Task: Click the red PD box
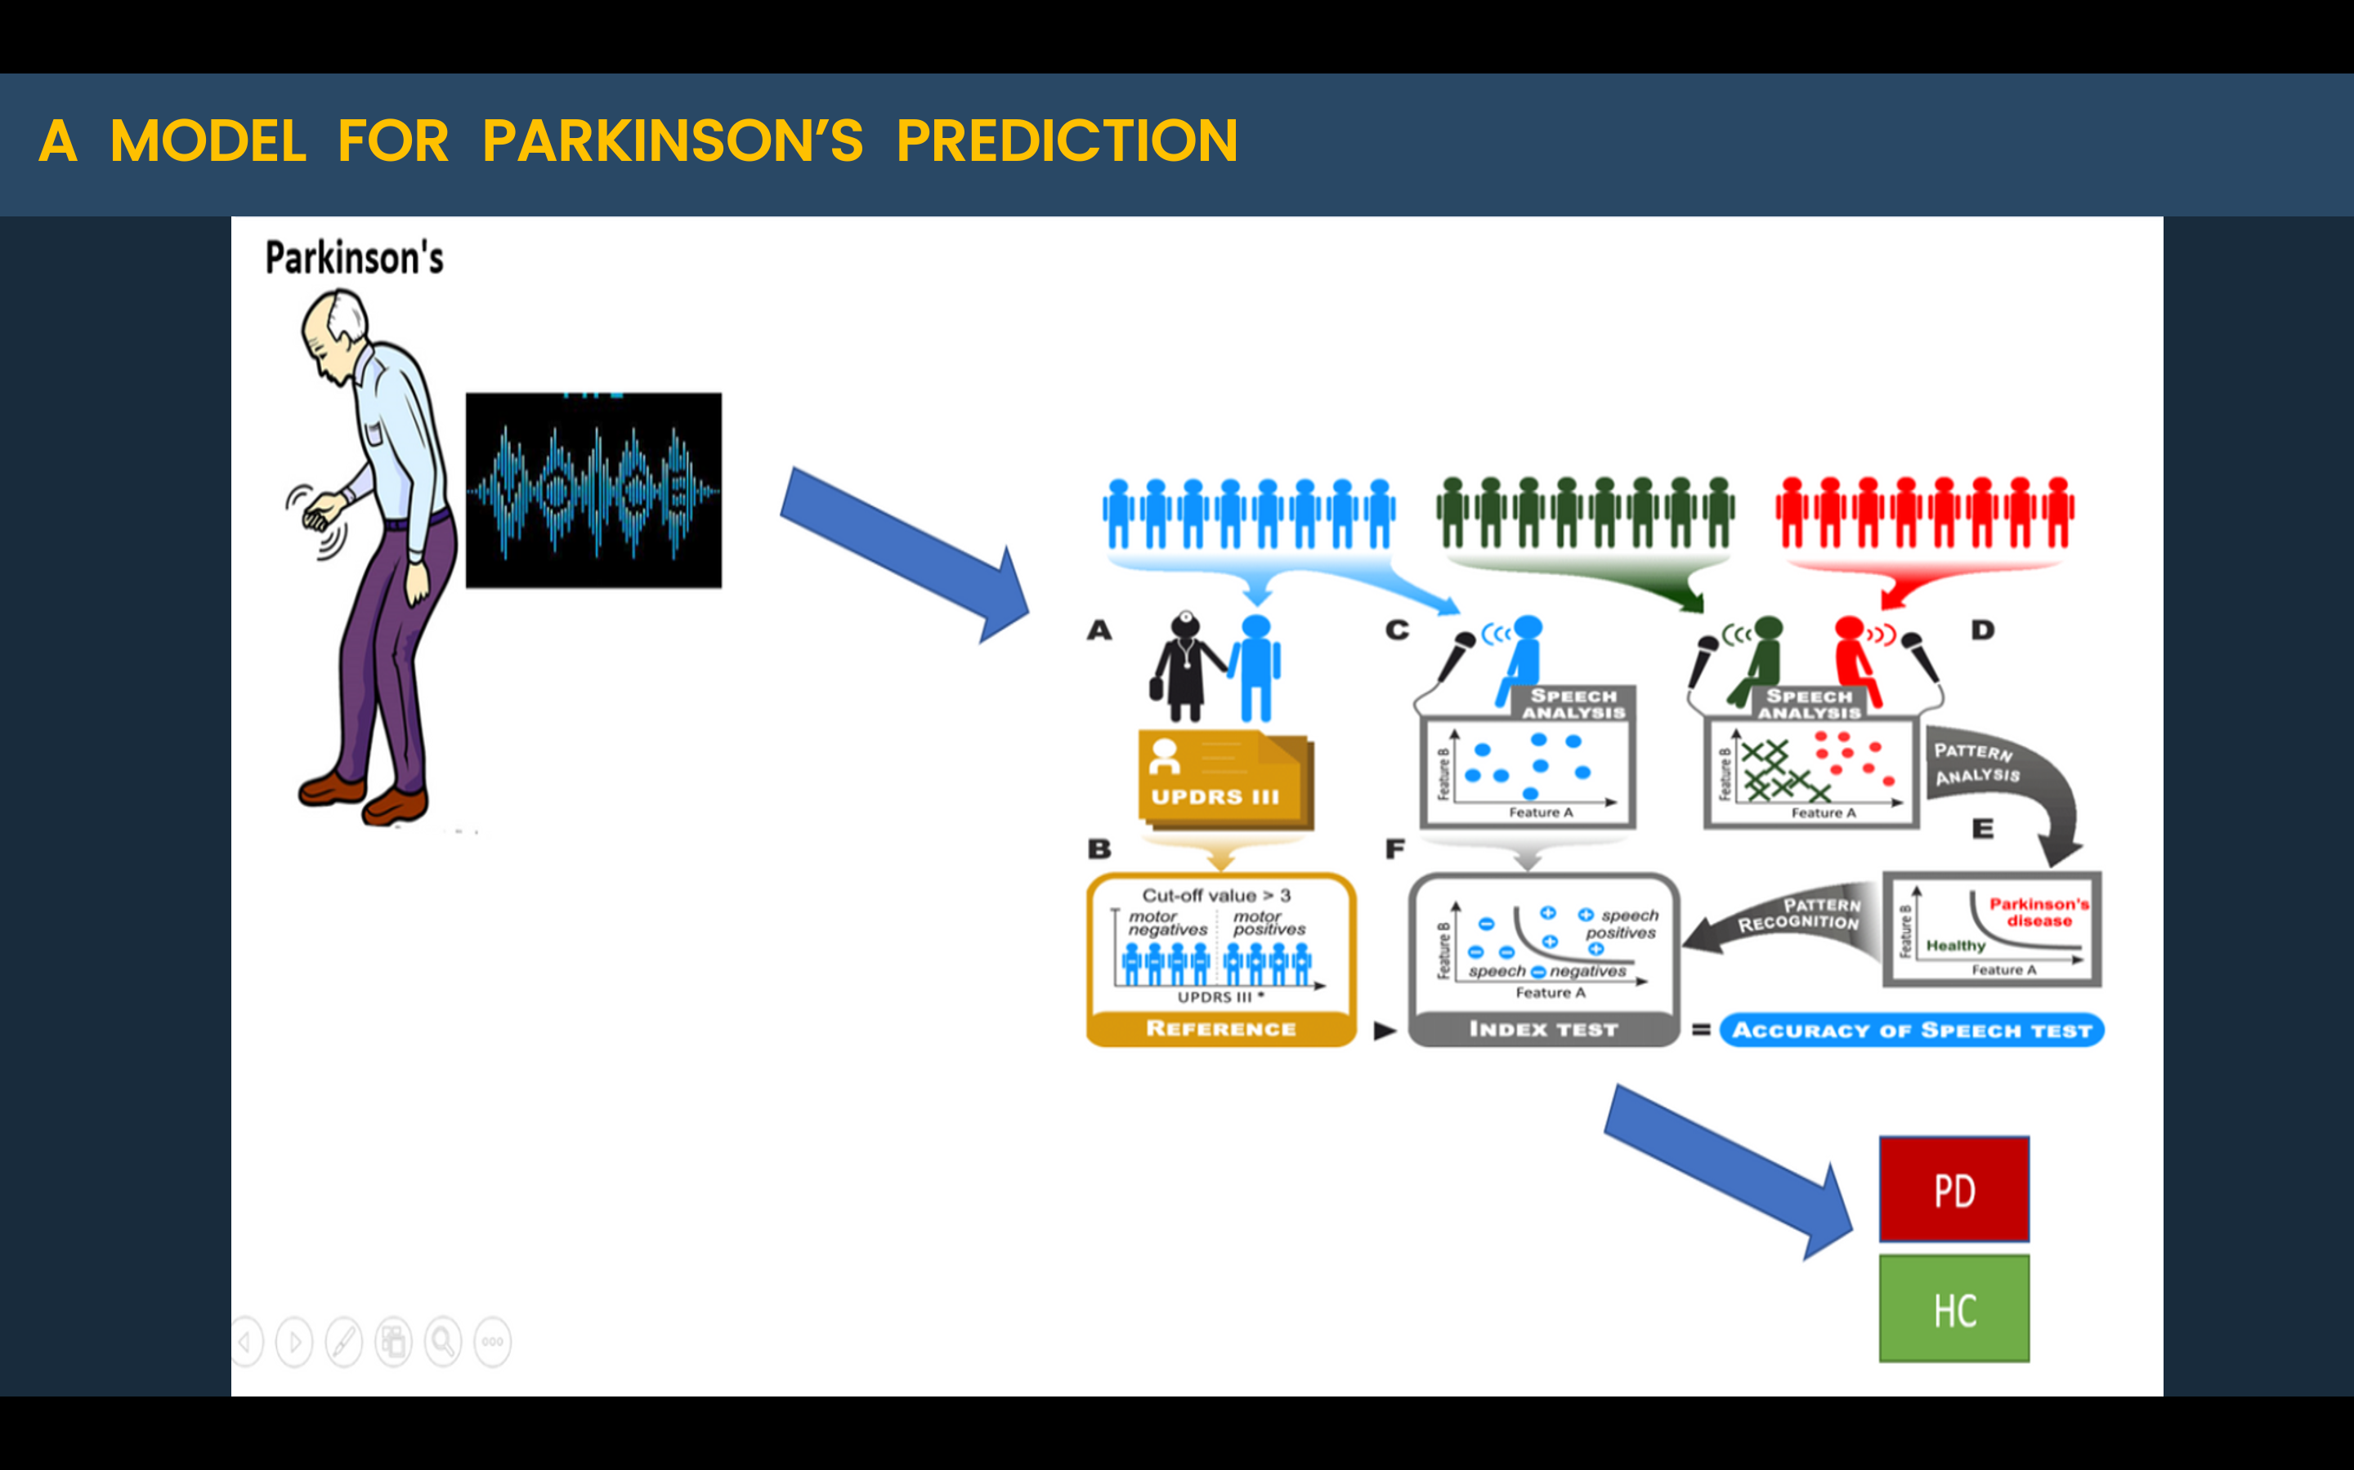[1953, 1189]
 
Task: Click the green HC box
[1953, 1308]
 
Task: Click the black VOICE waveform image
[593, 490]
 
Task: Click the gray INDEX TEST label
[1542, 1029]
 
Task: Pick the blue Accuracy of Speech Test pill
[1912, 1030]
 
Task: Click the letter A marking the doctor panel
[1099, 630]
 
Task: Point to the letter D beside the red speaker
[1982, 630]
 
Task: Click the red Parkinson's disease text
[2038, 912]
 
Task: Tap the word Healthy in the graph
[1955, 945]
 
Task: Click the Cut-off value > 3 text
[1216, 894]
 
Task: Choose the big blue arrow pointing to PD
[1726, 1167]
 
